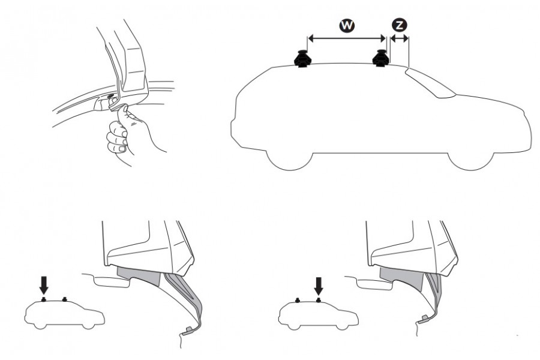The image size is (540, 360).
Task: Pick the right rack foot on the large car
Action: coord(382,58)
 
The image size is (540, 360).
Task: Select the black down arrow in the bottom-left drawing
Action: coord(44,283)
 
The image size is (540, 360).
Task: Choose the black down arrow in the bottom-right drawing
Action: coord(318,283)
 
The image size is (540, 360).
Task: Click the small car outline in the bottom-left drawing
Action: coord(63,313)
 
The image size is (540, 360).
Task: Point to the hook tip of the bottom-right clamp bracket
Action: coord(425,317)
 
